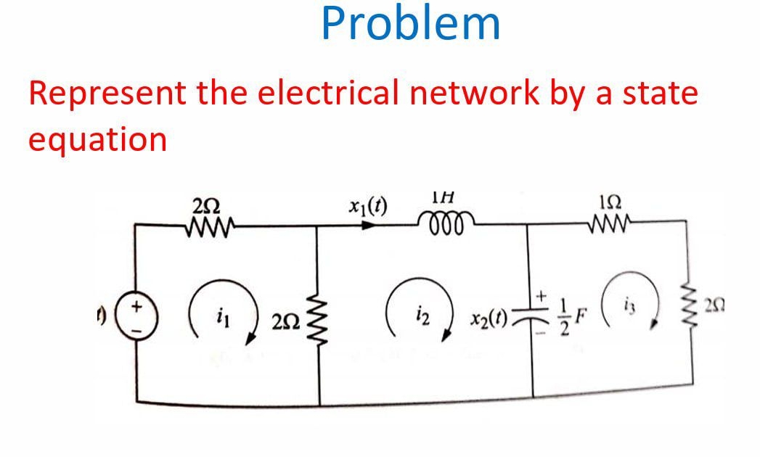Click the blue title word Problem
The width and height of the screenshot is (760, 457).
(x=411, y=24)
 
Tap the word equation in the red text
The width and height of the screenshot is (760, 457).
(x=97, y=139)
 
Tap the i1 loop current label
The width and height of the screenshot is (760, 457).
(x=221, y=316)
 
